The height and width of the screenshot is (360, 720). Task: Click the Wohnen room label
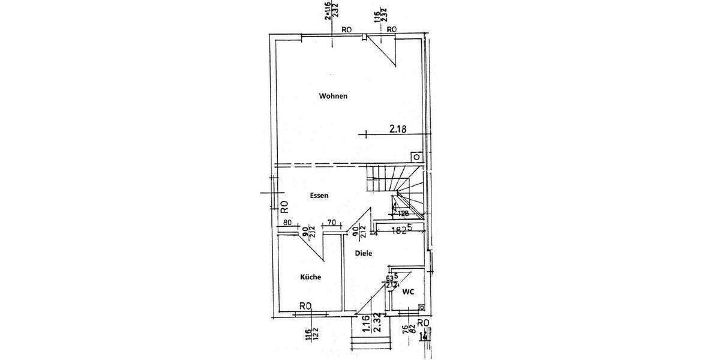[334, 96]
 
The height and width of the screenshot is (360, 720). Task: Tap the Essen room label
[319, 196]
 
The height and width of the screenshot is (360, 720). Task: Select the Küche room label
[310, 277]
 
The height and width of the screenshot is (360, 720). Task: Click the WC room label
[407, 292]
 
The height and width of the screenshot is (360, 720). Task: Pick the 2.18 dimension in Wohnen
[401, 129]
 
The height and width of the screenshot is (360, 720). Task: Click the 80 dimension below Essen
[287, 223]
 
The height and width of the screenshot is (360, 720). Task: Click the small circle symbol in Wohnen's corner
[416, 156]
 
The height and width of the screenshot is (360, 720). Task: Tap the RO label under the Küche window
[305, 306]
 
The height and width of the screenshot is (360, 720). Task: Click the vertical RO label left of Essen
[285, 206]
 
